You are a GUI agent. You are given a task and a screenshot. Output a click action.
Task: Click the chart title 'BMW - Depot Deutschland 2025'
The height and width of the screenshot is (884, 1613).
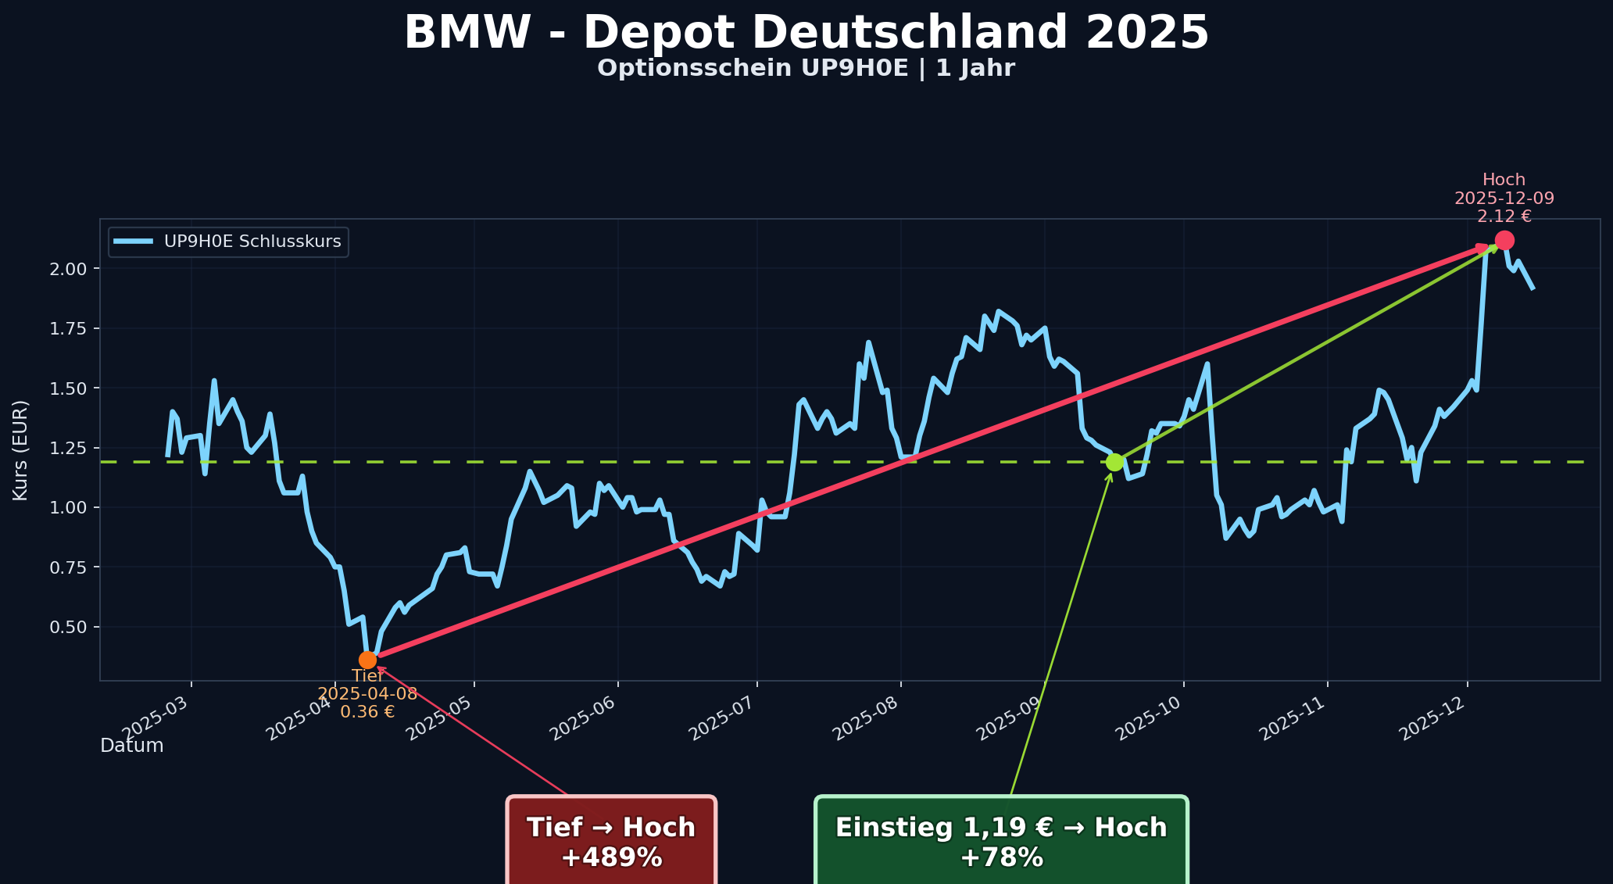click(806, 34)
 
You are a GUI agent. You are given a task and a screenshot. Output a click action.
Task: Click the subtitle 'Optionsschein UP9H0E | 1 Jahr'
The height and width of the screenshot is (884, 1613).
click(806, 69)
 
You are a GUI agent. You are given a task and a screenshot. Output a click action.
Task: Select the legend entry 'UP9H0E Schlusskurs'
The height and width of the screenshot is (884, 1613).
click(252, 242)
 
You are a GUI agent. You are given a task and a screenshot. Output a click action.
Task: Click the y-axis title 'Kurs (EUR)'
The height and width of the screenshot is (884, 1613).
click(21, 450)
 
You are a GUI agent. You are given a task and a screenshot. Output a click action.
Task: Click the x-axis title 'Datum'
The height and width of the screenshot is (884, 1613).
click(132, 746)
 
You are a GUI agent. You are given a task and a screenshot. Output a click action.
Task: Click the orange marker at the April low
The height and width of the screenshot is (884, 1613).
click(367, 660)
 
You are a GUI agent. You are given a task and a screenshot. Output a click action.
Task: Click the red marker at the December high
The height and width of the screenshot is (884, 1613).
click(1504, 240)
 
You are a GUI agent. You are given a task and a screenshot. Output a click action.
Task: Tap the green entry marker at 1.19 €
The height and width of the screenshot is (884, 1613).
click(1114, 462)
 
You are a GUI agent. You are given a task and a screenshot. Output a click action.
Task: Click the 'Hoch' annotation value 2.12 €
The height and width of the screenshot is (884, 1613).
click(1504, 217)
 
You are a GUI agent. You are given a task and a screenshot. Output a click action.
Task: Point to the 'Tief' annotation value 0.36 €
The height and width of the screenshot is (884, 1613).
click(367, 712)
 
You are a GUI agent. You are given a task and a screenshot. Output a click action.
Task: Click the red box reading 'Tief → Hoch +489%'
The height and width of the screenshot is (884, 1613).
click(611, 842)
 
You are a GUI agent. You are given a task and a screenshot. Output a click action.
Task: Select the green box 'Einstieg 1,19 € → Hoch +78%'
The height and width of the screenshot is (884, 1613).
click(1001, 842)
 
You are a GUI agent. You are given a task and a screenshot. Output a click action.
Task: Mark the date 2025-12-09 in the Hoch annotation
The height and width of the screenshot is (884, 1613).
click(1504, 199)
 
